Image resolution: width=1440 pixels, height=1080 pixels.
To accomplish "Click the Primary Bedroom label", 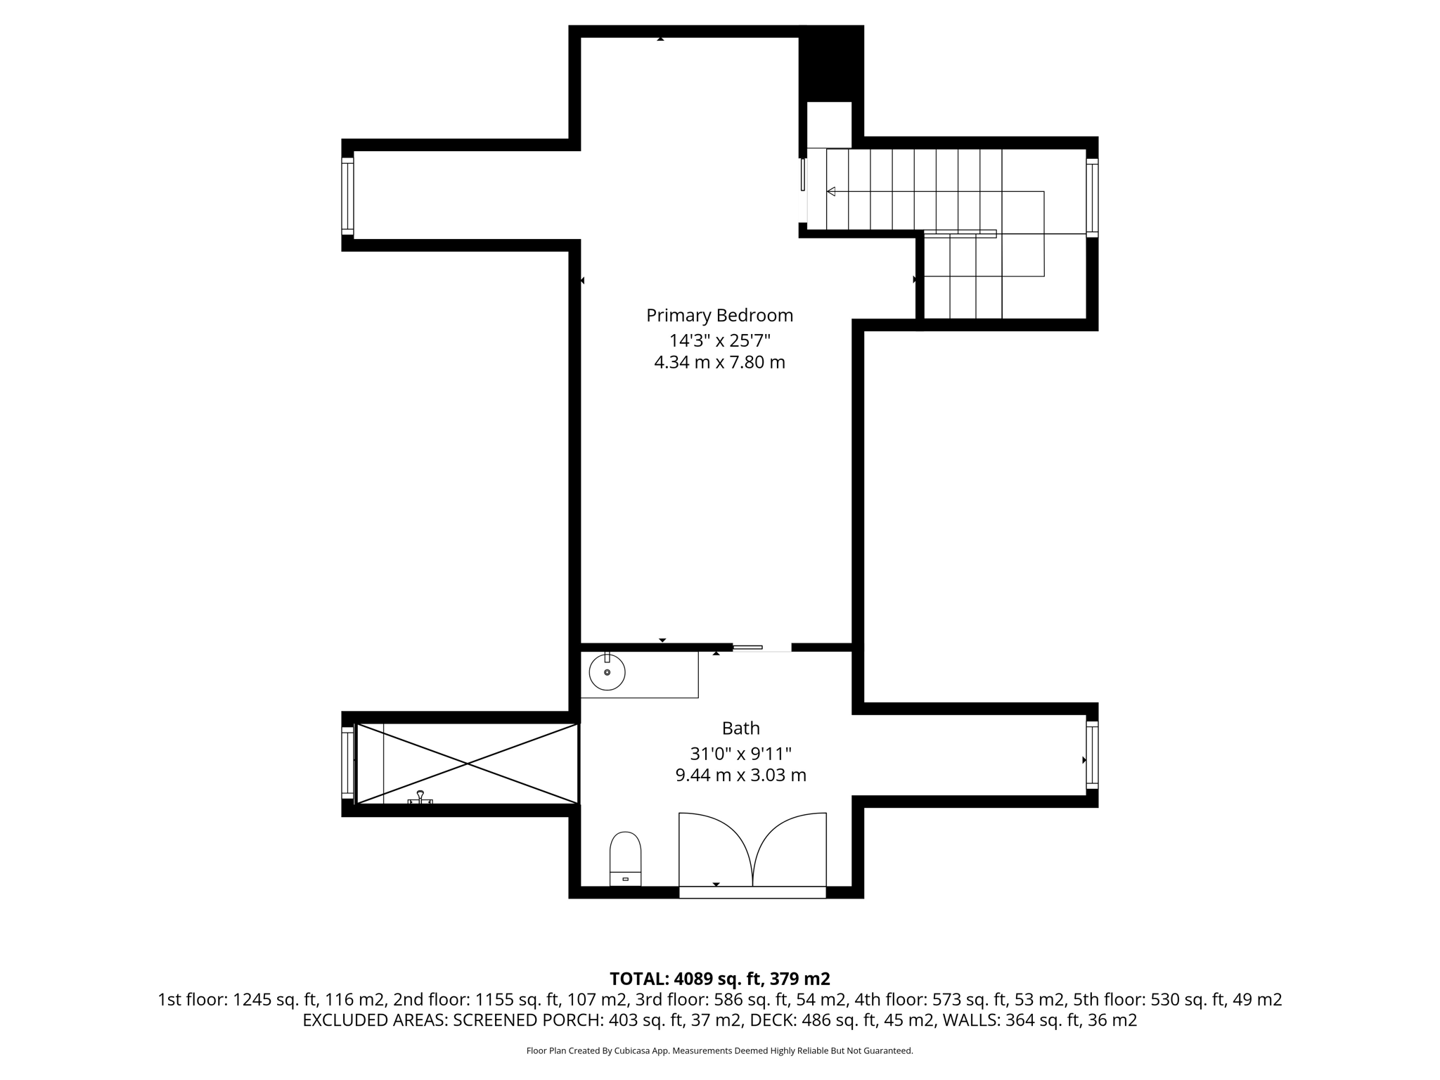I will point(719,315).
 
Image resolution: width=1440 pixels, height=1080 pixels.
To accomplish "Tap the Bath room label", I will point(740,728).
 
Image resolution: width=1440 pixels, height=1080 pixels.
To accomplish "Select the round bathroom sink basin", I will point(607,672).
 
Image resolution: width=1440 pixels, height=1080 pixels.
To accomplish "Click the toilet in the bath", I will point(625,859).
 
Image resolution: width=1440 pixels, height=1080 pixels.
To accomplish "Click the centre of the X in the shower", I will point(468,764).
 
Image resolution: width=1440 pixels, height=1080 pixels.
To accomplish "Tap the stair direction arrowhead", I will point(831,191).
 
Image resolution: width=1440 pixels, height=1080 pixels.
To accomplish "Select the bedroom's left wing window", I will point(347,195).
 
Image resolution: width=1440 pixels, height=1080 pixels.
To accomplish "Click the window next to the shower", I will point(347,763).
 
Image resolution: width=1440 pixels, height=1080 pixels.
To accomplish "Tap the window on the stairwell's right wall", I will point(1092,197).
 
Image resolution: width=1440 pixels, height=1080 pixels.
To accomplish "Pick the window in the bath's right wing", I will point(1092,755).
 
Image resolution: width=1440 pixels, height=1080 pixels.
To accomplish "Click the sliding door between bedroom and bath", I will point(747,647).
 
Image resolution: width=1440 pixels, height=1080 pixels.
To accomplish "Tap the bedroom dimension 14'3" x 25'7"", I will point(719,340).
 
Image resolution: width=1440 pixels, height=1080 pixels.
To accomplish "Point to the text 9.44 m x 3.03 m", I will point(740,776).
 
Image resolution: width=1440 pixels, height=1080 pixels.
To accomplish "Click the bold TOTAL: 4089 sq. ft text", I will point(719,979).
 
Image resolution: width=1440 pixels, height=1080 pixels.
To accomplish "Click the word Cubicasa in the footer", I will point(631,1051).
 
